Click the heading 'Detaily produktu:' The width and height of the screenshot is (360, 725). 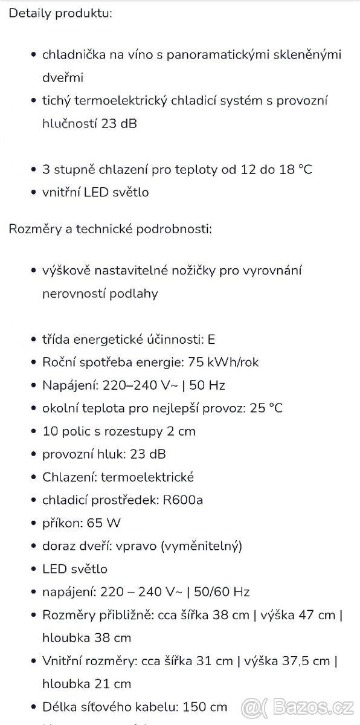click(60, 13)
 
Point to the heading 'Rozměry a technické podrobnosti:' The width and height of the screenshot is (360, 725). click(110, 230)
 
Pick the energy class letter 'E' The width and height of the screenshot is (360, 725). click(211, 340)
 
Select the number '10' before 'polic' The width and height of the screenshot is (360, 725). click(50, 431)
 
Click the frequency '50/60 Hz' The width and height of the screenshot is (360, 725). click(220, 592)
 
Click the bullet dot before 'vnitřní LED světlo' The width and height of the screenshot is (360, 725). click(33, 193)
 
